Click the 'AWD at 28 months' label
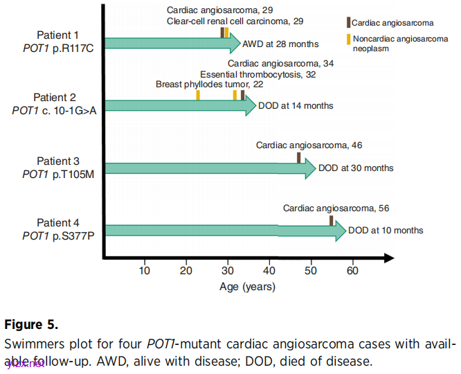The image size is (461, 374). coord(280,44)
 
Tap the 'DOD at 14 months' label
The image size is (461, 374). coord(296,106)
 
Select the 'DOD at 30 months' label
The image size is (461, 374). coord(356,168)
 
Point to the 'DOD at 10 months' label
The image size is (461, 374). coord(386,231)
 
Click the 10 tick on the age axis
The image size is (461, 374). coord(145,271)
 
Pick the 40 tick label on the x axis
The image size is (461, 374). coord(269,271)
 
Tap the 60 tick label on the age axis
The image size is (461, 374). coord(352,271)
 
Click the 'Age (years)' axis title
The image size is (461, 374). coord(248,287)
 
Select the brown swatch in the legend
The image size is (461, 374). coord(348,23)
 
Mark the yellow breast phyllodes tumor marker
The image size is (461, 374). coord(198,96)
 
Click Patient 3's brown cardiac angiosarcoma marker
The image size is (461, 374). coord(299,158)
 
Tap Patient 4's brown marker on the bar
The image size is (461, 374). coord(332,220)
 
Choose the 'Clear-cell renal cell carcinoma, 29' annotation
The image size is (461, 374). coord(235,21)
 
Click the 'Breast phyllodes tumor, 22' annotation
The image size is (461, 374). coord(210,84)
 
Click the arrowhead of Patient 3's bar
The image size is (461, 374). coord(309,168)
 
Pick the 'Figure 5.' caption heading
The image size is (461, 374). coord(32,324)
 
